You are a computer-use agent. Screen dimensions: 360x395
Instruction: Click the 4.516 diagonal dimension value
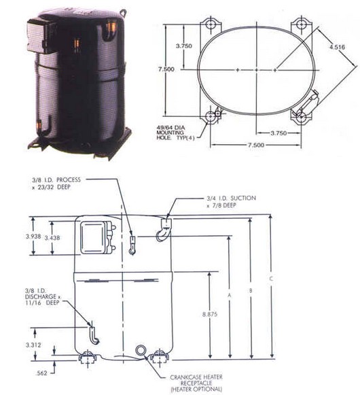pos(338,47)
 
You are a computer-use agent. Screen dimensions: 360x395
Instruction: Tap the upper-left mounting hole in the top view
pos(210,24)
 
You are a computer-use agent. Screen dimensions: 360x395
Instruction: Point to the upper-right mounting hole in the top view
pos(301,24)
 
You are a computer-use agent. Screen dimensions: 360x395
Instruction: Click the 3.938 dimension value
pos(33,237)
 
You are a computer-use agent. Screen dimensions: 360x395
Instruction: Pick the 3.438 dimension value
pos(52,237)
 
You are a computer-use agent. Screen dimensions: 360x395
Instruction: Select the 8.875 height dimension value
pos(210,314)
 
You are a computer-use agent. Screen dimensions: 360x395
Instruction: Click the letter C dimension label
pos(271,279)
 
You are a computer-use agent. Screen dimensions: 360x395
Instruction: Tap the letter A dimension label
pos(230,295)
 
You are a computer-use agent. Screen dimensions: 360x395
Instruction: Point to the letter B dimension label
pos(251,290)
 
